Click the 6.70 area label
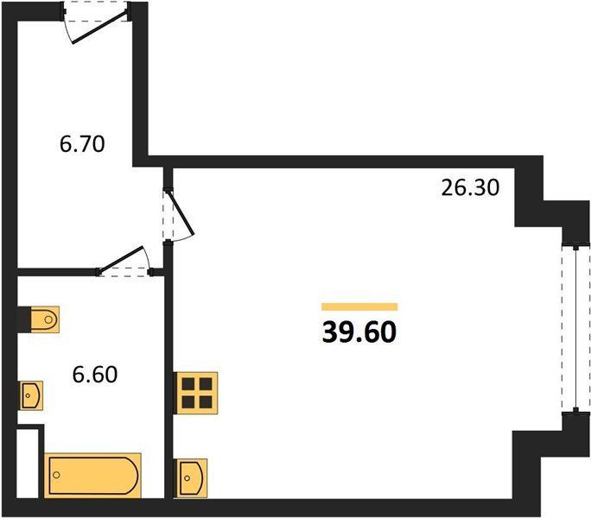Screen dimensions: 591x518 82,144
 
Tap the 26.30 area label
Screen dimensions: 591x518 470,187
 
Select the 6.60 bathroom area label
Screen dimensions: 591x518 95,375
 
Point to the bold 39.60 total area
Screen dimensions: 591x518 359,332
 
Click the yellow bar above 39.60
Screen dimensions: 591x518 359,306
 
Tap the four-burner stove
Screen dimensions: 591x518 196,394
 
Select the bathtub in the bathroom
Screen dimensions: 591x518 92,476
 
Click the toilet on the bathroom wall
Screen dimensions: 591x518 44,319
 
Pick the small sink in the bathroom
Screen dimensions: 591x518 31,395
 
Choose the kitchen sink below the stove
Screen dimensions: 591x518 191,478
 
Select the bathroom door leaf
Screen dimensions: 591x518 121,259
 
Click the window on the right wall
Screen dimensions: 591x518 575,329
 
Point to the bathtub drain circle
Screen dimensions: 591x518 56,475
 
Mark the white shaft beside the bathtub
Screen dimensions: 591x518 28,464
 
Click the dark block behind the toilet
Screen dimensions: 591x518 23,319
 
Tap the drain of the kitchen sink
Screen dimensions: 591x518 187,478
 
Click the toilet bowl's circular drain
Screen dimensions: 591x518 48,319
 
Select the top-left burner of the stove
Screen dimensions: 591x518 188,384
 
